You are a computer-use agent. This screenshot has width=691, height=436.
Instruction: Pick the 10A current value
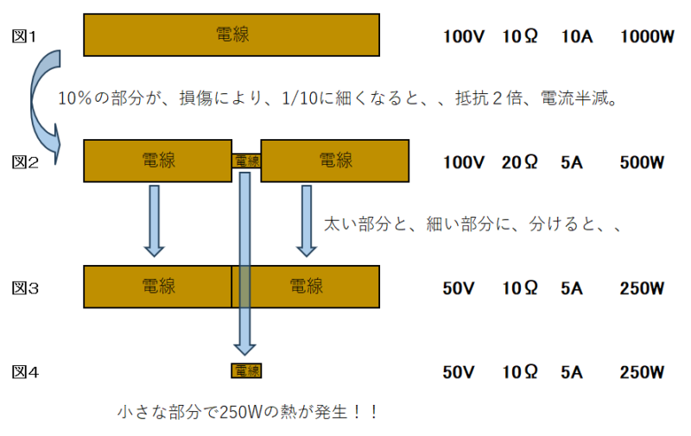tap(574, 37)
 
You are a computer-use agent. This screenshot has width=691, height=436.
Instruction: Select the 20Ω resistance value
tap(520, 162)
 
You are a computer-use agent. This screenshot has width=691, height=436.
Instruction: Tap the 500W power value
tap(642, 162)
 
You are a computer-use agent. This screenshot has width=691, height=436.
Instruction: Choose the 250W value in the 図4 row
tap(642, 373)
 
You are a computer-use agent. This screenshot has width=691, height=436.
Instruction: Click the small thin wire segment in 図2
tap(246, 161)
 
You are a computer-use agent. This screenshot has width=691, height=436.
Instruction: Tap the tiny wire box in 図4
tap(246, 371)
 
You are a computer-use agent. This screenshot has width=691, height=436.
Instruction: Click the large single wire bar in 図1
tap(231, 35)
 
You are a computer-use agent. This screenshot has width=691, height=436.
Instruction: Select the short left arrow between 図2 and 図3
tap(154, 220)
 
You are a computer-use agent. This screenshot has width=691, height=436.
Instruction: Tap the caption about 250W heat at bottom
tap(248, 412)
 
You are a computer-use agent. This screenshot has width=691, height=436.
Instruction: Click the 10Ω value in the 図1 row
tap(520, 37)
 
